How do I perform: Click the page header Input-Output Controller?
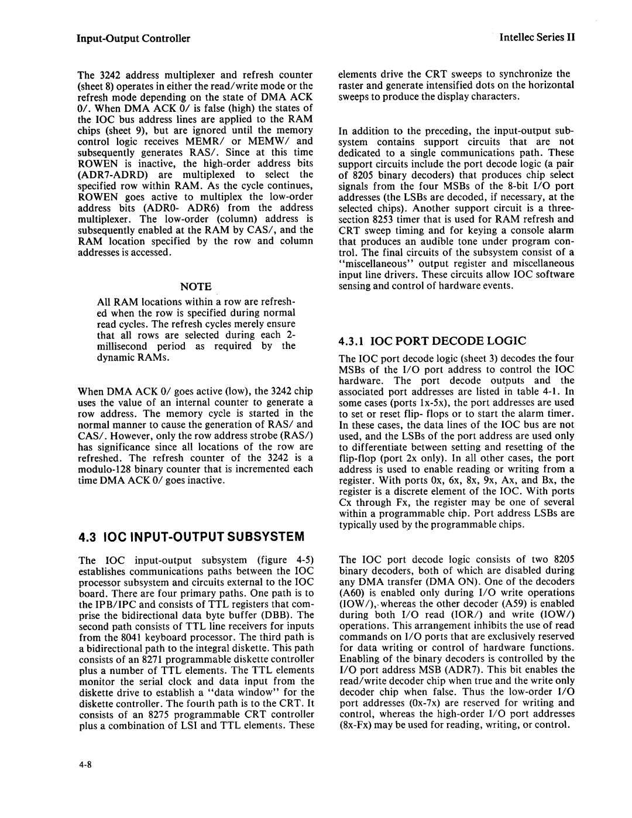pyautogui.click(x=133, y=39)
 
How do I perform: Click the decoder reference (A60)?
pyautogui.click(x=352, y=592)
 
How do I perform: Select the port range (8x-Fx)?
pyautogui.click(x=357, y=725)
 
